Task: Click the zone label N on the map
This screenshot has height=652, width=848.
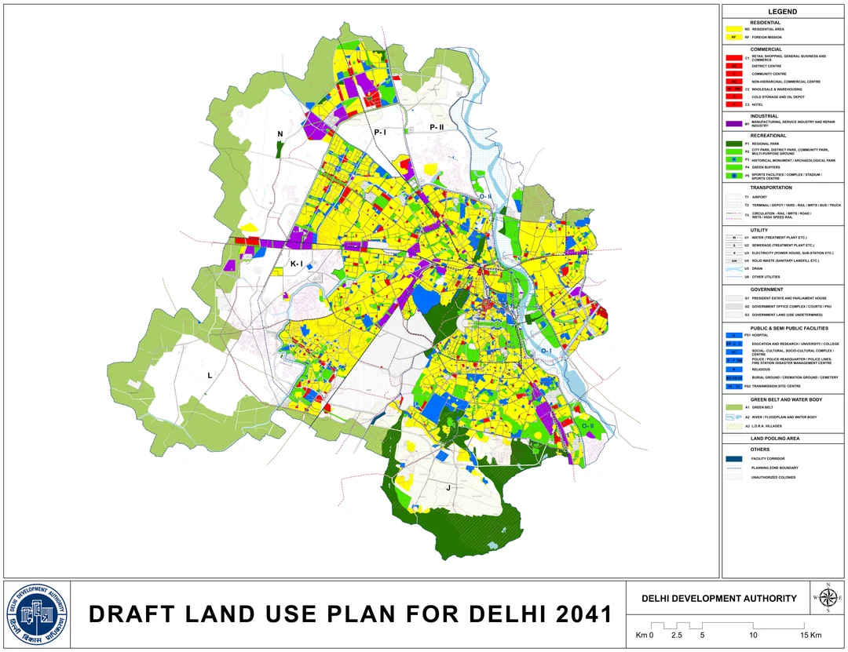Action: click(280, 134)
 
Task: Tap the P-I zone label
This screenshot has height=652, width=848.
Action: click(380, 133)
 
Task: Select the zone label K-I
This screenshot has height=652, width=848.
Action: click(296, 264)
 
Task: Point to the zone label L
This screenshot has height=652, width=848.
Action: click(210, 376)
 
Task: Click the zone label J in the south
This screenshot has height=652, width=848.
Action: click(448, 487)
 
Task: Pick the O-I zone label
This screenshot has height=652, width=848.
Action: click(546, 351)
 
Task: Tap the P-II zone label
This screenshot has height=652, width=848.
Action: click(437, 127)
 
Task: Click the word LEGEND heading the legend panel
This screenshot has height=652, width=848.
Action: click(782, 12)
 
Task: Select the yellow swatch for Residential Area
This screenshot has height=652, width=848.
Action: click(735, 29)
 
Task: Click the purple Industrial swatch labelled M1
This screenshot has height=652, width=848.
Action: click(735, 124)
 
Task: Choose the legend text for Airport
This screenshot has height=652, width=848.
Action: click(759, 197)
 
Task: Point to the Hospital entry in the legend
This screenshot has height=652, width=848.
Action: click(759, 335)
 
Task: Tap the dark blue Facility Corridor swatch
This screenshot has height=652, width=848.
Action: click(735, 458)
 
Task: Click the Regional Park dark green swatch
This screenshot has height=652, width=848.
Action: click(735, 144)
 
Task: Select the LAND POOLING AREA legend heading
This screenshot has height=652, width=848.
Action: click(775, 438)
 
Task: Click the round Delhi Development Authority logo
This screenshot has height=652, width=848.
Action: click(37, 614)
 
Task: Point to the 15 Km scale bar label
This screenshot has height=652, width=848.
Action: click(810, 635)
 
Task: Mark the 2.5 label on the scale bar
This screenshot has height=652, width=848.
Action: click(676, 635)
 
